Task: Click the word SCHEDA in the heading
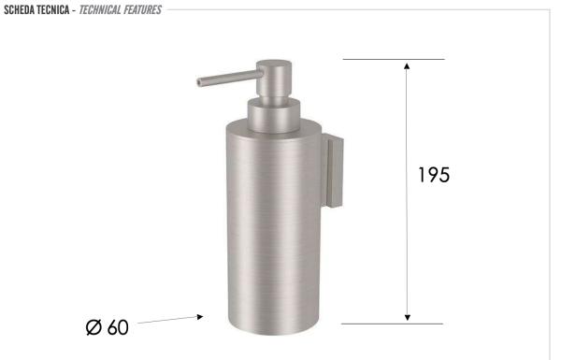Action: coord(22,9)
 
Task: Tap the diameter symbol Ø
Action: coord(93,328)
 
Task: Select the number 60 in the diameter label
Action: coord(118,328)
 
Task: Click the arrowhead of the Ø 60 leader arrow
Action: coord(200,317)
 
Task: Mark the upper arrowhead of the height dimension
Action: coord(407,65)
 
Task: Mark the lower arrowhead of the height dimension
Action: coord(407,318)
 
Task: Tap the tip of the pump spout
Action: coord(199,82)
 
